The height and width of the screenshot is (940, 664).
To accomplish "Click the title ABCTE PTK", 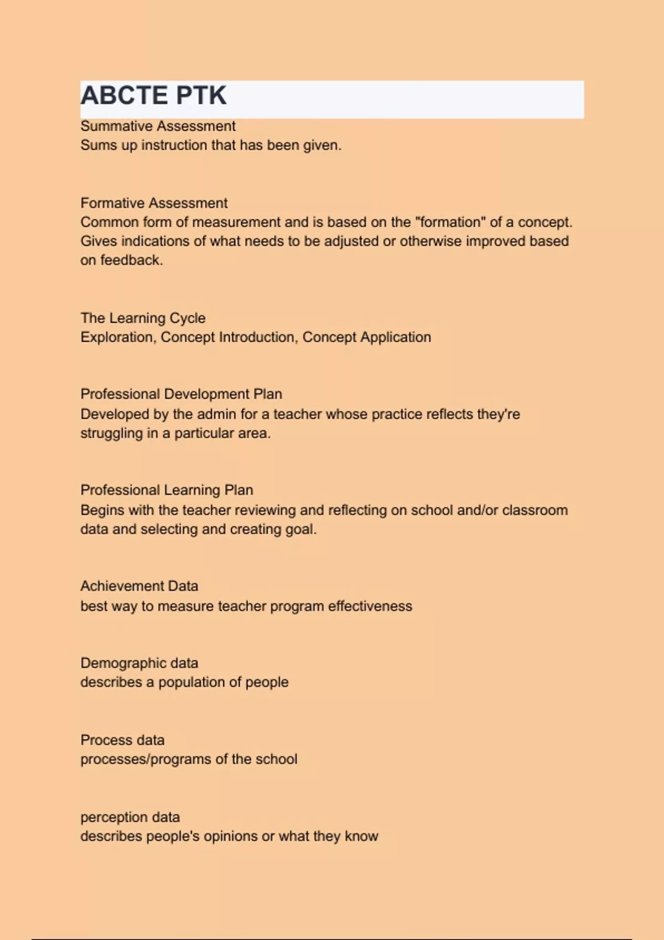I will pos(153,96).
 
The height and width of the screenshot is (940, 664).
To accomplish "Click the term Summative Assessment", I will pos(158,126).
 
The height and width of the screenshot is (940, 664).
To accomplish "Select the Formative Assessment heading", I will pos(154,203).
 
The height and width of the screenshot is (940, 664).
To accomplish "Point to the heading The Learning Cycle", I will pos(143,318).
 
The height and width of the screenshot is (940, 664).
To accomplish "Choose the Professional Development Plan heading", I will pos(181,394).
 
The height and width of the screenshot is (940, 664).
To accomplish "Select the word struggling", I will pos(111,434).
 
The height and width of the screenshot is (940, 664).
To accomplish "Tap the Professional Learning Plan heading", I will pos(167,490).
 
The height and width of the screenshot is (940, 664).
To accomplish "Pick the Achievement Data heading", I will pos(139,586).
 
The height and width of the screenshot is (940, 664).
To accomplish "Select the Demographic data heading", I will pos(139,663).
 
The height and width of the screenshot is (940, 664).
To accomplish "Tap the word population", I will pos(192,682).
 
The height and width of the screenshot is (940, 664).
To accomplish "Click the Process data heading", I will pos(122,740).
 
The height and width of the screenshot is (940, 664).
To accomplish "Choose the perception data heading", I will pos(130,817).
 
